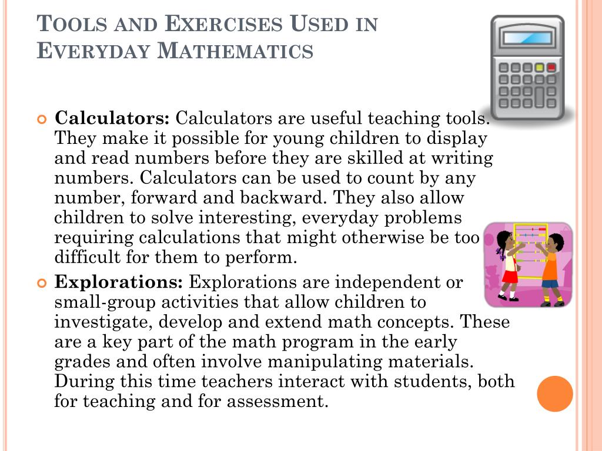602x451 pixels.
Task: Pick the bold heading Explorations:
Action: click(x=119, y=282)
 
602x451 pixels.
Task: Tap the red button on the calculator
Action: click(x=551, y=68)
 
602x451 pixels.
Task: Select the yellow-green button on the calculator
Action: click(x=539, y=68)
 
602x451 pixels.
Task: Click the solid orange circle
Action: click(x=555, y=393)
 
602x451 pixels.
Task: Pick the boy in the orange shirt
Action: click(x=550, y=267)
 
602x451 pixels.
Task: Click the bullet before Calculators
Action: click(x=41, y=119)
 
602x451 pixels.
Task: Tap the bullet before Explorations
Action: click(x=41, y=283)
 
